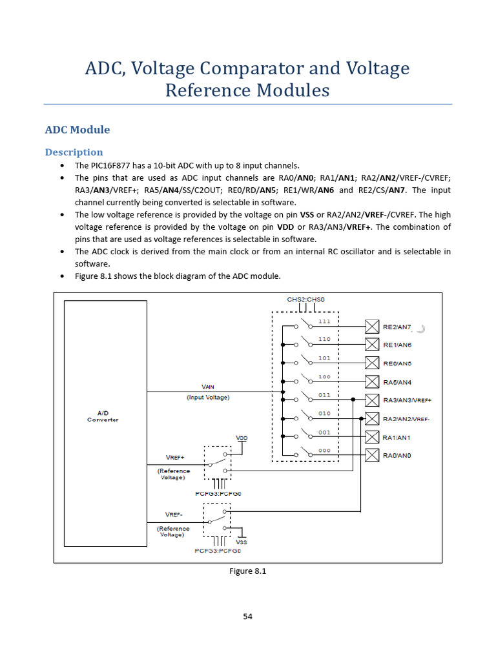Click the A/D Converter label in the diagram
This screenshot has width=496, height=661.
[103, 416]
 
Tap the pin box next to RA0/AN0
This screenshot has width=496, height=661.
[372, 455]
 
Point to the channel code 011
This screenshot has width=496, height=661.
[324, 394]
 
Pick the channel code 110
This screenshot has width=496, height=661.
[324, 339]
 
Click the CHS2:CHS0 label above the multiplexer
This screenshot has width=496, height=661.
[306, 300]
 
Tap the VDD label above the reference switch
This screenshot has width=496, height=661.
[242, 438]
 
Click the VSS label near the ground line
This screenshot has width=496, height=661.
[242, 542]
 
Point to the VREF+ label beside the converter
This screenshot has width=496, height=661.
[174, 458]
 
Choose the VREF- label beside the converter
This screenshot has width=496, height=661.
[173, 515]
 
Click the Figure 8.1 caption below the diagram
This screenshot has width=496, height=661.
[248, 571]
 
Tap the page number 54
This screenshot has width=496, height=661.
[248, 616]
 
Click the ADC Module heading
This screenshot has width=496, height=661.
[77, 130]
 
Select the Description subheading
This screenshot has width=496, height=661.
[74, 152]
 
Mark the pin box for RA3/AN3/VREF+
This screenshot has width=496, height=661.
[372, 400]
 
